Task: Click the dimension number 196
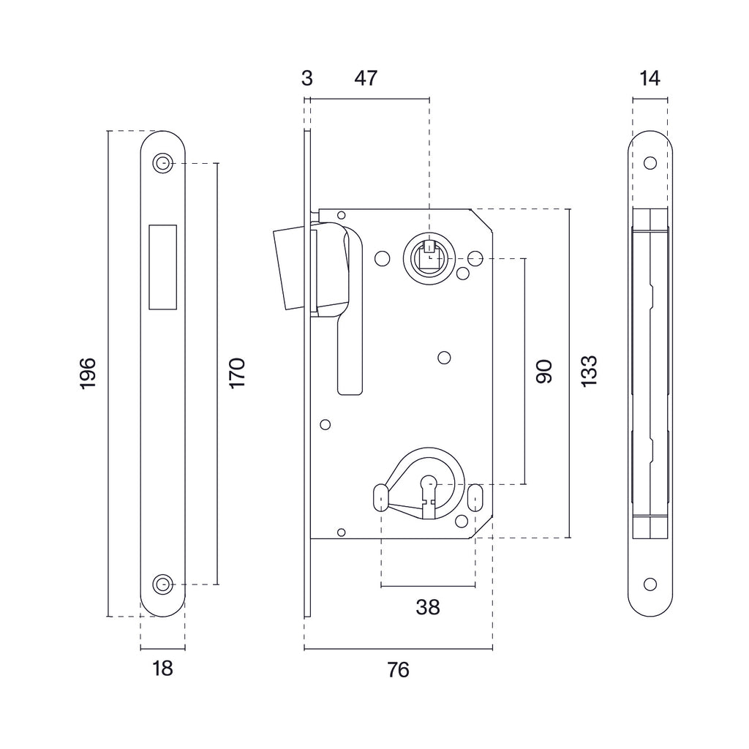pos(88,373)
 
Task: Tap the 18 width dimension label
pos(163,668)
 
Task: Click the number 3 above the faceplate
pos(307,78)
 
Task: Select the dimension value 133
pos(590,372)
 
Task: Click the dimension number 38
pos(428,606)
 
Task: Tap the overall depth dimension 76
pos(399,669)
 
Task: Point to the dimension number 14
pos(649,78)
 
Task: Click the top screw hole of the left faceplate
pos(162,163)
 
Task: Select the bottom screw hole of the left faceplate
pos(162,584)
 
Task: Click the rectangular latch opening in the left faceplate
pos(162,266)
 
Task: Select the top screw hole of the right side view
pos(649,163)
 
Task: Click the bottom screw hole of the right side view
pos(649,584)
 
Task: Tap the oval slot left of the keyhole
pos(380,496)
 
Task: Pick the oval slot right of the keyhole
pos(476,496)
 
